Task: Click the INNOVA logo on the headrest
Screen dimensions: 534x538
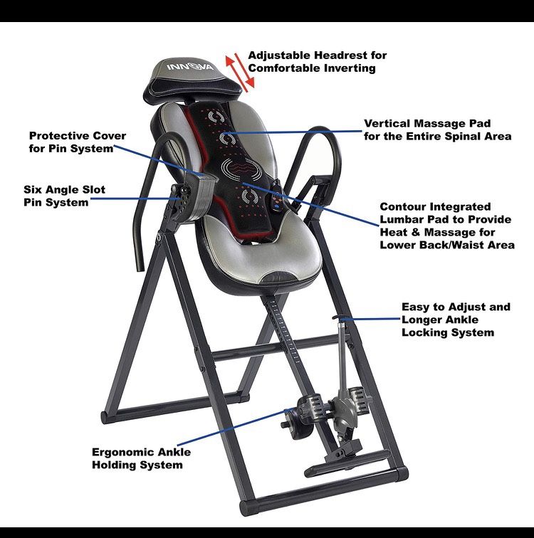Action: [x=190, y=66]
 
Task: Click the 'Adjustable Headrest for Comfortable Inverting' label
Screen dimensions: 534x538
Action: [x=317, y=61]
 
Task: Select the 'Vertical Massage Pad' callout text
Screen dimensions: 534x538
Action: [x=438, y=130]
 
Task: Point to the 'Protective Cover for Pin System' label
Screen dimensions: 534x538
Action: [x=77, y=142]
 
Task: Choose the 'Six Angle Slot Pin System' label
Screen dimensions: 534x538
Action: [x=64, y=196]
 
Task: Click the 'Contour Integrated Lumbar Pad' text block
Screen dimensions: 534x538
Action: [x=447, y=226]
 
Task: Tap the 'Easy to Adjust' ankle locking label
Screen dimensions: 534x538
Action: [x=456, y=320]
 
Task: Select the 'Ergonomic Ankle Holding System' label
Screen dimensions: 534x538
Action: [x=141, y=458]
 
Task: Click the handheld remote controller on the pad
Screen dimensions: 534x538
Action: [x=278, y=197]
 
